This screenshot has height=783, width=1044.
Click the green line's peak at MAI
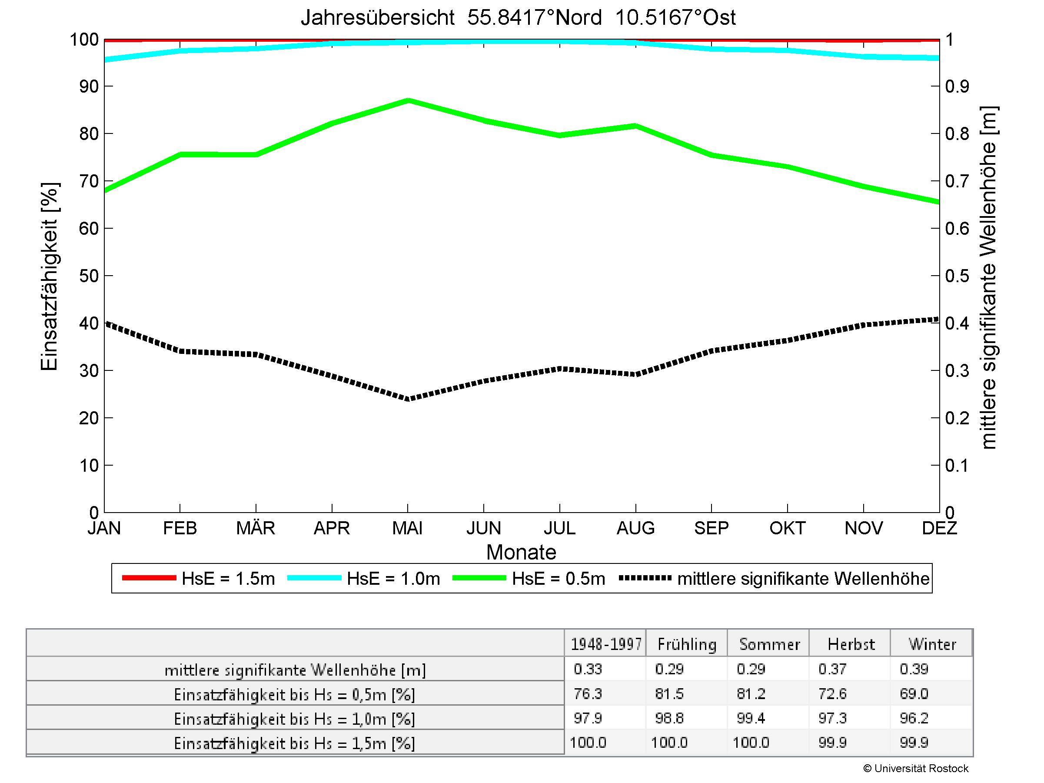point(408,100)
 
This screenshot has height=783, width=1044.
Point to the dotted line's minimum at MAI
point(408,399)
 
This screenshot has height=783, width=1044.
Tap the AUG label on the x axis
point(635,528)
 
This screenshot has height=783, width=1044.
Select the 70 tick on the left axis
point(89,181)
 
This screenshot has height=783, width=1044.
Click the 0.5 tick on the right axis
point(957,276)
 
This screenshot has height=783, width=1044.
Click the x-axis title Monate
point(521,552)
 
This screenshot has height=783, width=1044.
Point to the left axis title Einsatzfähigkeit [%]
point(49,277)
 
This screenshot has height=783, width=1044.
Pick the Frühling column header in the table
point(687,644)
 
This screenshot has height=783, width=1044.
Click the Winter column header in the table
point(932,644)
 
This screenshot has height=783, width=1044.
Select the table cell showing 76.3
point(588,694)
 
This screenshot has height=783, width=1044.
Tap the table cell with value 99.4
point(751,718)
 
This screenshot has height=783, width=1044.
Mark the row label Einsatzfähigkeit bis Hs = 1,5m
point(295,743)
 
